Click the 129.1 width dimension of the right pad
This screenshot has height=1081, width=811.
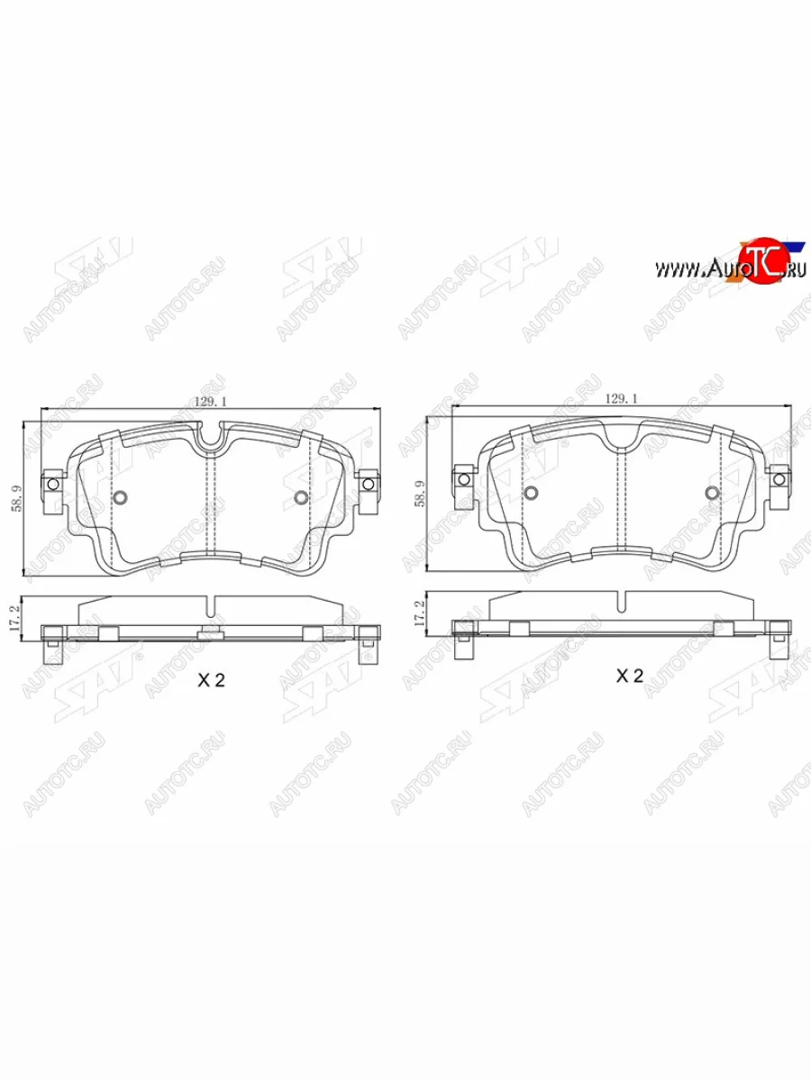[621, 397]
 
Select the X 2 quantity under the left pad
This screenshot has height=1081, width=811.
[210, 682]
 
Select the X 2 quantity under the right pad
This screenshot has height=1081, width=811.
[629, 677]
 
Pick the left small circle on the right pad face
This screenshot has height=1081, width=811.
[531, 492]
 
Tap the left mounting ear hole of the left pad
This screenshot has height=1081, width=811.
[52, 484]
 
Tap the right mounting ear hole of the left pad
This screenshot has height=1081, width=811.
[368, 484]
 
